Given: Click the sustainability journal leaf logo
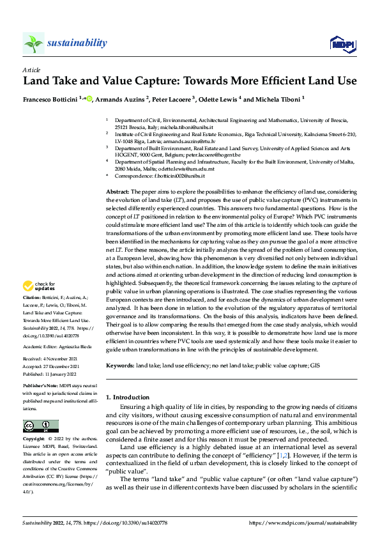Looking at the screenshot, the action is (x=33, y=43).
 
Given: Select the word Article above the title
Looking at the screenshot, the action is (x=31, y=70).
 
